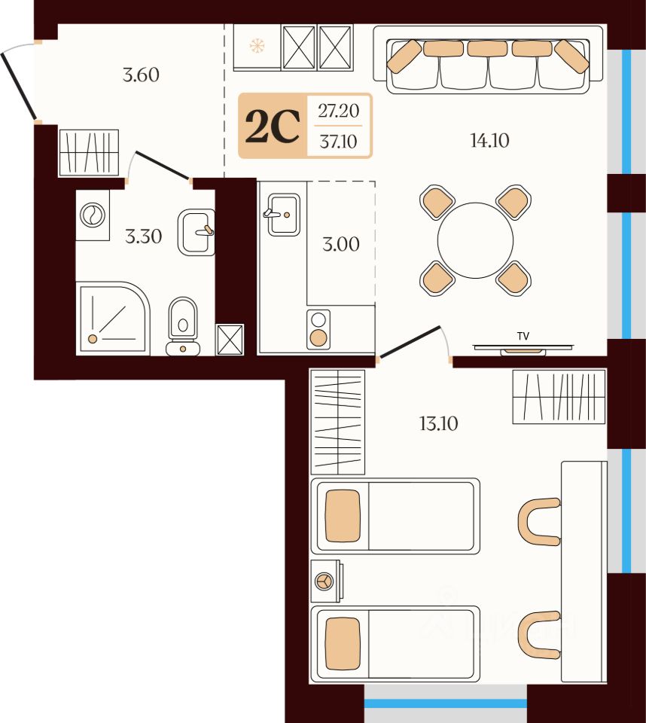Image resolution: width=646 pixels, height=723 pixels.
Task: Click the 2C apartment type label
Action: [x=273, y=127]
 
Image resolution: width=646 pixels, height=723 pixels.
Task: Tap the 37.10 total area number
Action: [x=339, y=142]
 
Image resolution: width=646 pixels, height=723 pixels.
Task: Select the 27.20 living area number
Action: [x=339, y=111]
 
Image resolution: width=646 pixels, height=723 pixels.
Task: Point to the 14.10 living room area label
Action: [x=489, y=140]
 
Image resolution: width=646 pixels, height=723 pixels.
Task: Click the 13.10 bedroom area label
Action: [x=438, y=423]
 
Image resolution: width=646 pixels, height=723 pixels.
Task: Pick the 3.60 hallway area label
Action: [x=141, y=75]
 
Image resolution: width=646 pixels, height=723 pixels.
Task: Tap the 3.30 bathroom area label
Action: [x=143, y=236]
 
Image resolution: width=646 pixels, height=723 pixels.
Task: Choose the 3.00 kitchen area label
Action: [x=341, y=244]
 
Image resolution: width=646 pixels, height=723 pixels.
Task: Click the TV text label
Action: [x=523, y=336]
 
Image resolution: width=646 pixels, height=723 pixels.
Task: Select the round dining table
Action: [x=475, y=240]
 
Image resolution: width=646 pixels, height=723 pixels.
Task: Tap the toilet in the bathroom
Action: [x=183, y=326]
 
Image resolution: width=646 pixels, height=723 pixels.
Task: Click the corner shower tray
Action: [x=114, y=319]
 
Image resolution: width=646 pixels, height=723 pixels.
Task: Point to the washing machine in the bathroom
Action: [x=93, y=215]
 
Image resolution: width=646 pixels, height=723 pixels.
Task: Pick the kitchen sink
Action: [x=283, y=215]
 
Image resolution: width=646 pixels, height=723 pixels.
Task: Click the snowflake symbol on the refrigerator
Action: [x=257, y=46]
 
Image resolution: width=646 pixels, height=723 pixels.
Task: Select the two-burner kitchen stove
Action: [x=318, y=329]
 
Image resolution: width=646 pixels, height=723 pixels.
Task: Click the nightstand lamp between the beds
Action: [x=324, y=581]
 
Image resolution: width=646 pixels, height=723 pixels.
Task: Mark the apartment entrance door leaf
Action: [x=18, y=86]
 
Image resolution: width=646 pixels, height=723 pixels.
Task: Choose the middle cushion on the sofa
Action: [x=487, y=48]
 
